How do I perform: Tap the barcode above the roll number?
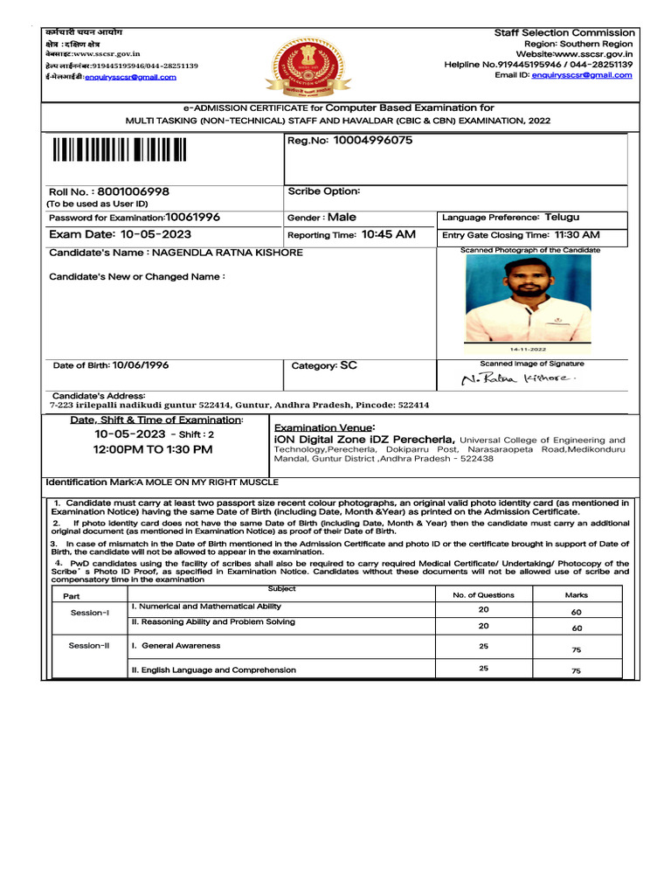(120, 150)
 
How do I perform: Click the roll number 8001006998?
(134, 191)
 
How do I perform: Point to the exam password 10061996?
(193, 217)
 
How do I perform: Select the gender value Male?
(342, 217)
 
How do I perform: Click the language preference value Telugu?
(562, 217)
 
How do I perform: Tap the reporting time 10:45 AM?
(389, 235)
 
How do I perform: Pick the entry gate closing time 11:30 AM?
(569, 235)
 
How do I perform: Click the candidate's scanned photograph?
(528, 298)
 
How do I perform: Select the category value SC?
(348, 366)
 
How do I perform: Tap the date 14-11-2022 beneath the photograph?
(528, 348)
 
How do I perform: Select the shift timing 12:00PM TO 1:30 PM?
(153, 449)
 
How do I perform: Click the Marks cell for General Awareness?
(576, 649)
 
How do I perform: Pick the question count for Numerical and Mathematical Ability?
(483, 609)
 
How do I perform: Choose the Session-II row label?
(89, 646)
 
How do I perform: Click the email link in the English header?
(578, 75)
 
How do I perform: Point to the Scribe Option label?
(324, 191)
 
